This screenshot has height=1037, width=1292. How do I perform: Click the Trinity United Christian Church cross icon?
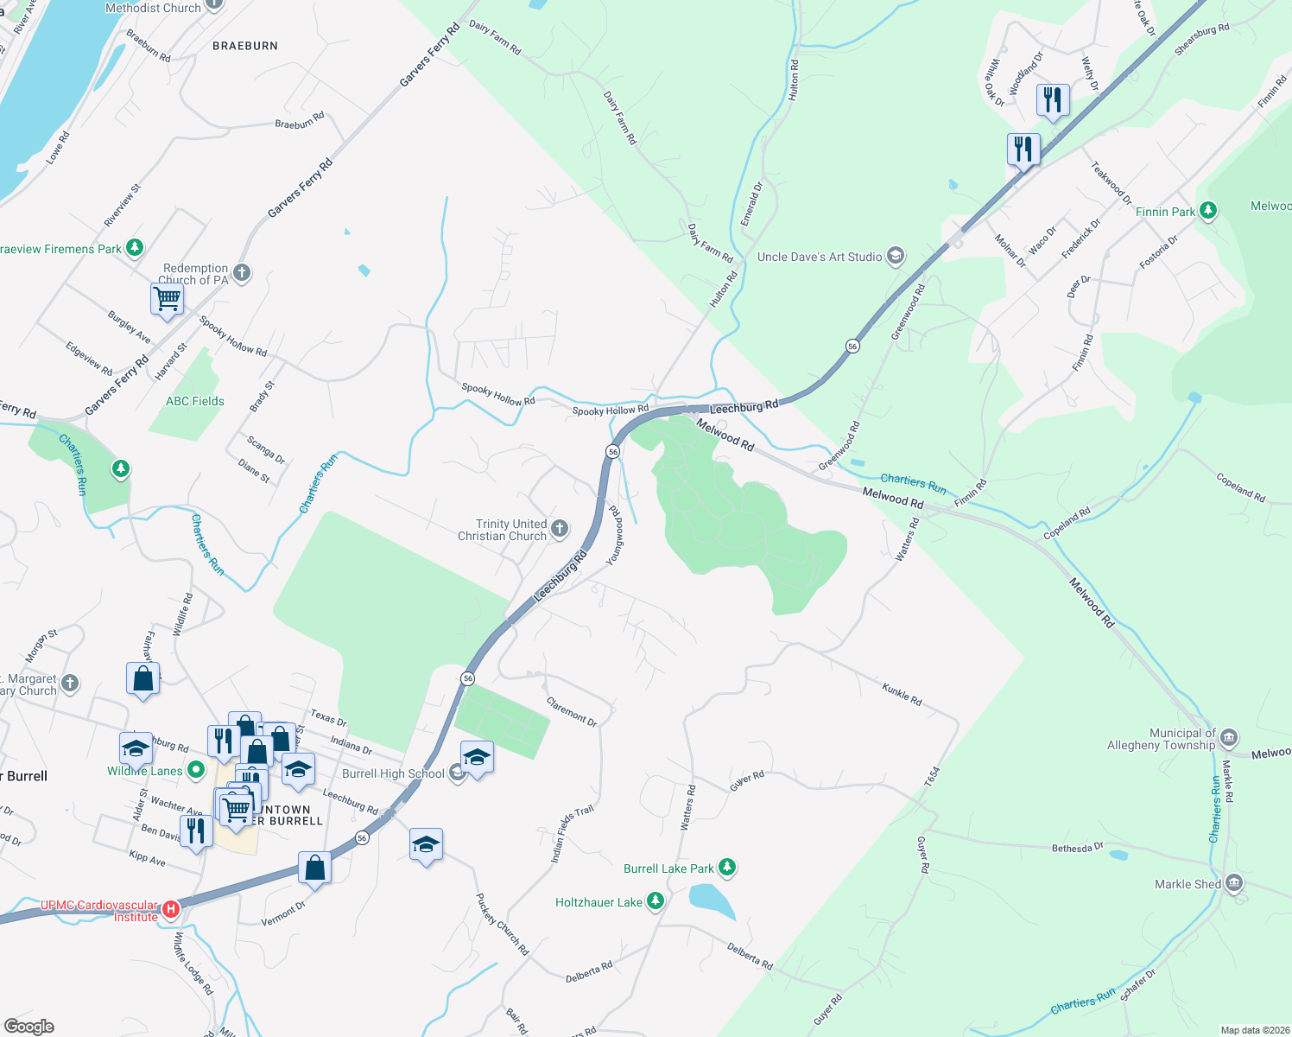[x=560, y=529]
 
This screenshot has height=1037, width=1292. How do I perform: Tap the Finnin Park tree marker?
[x=1208, y=210]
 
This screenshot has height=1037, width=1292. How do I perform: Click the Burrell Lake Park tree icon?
[x=727, y=867]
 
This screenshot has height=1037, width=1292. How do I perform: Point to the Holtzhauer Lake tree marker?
[x=655, y=901]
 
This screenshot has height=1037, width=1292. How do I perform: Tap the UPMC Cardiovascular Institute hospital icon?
[x=171, y=909]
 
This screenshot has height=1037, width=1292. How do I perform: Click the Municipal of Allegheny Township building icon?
[x=1230, y=738]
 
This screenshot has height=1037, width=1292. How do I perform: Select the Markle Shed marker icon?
[x=1234, y=882]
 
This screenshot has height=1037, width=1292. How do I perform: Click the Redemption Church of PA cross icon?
[x=242, y=273]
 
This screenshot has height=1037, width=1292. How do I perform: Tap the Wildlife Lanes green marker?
[x=196, y=769]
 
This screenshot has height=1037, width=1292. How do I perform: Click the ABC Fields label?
[x=195, y=401]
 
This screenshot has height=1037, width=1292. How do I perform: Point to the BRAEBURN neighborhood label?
[x=245, y=46]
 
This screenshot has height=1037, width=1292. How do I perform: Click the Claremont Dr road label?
[x=572, y=711]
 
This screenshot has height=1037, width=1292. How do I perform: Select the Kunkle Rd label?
[x=902, y=694]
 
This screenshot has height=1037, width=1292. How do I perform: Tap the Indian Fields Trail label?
[x=573, y=834]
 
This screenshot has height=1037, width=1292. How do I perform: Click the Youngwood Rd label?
[x=614, y=536]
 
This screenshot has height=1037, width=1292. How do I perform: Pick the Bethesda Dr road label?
[x=1077, y=848]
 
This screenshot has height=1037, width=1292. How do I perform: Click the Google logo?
[x=29, y=1027]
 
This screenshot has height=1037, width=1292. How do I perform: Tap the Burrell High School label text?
[x=393, y=773]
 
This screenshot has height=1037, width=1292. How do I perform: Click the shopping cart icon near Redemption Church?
[x=168, y=300]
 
